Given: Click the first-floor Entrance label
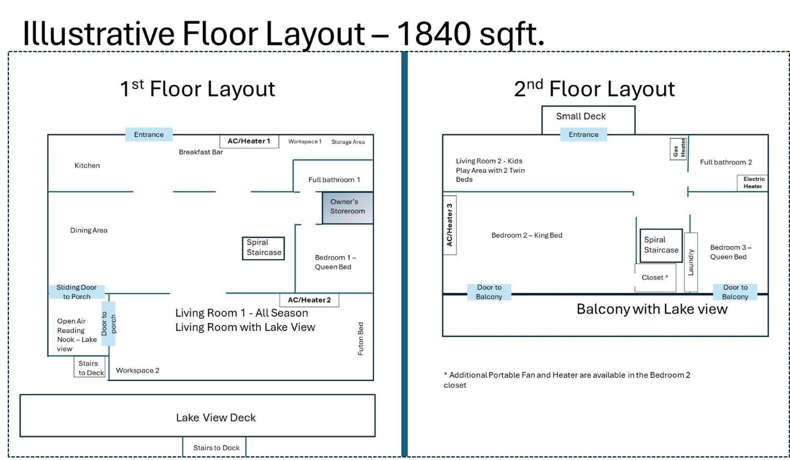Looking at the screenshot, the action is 149,134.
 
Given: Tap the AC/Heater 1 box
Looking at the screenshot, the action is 249,141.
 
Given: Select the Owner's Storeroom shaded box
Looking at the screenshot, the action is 348,208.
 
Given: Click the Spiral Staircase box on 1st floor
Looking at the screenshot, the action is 263,248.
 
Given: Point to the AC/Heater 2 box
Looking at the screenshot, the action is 309,300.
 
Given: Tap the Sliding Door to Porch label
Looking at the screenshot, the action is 77,292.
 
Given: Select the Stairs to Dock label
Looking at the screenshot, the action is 216,448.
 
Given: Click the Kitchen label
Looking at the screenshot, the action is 87,165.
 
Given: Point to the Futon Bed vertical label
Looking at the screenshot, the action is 361,339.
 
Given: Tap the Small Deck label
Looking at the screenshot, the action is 581,116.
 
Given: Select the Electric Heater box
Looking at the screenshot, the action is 753,183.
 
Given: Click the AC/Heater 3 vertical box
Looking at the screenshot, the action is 449,225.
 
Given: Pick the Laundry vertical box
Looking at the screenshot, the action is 691,262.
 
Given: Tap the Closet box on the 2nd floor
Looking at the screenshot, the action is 655,278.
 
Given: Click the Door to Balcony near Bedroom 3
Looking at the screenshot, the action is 735,292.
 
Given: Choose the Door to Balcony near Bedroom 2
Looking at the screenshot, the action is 489,292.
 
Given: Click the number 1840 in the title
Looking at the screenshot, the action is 434,33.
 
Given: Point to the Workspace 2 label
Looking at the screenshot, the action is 138,370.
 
